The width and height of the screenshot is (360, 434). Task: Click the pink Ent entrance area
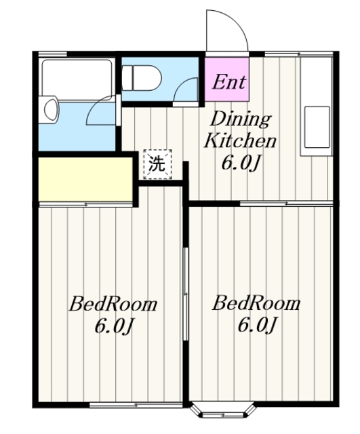227,79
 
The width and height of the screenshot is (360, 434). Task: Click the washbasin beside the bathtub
49,110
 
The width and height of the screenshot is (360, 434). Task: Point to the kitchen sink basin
317,127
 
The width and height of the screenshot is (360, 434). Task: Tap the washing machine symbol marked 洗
157,164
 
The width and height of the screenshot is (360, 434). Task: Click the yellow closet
85,179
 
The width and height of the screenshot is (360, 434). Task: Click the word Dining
241,120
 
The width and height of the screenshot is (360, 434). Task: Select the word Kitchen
240,140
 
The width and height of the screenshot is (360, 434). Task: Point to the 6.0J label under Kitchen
241,163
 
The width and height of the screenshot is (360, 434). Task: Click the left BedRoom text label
113,304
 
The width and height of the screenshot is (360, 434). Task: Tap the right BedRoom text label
256,303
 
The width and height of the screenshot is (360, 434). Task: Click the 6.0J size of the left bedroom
114,326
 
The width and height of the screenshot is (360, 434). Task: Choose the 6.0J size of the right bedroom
257,325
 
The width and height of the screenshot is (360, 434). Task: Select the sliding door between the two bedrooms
186,294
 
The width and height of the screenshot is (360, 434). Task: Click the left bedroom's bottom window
136,406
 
